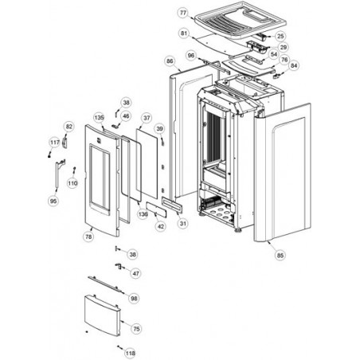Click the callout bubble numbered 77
click(183, 13)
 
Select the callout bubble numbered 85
click(280, 256)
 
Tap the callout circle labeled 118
click(131, 353)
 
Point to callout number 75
click(136, 329)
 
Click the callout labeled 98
click(134, 299)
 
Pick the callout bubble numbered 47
click(135, 273)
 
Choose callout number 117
click(55, 143)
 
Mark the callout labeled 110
click(72, 183)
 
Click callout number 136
click(143, 214)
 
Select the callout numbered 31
click(183, 224)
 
